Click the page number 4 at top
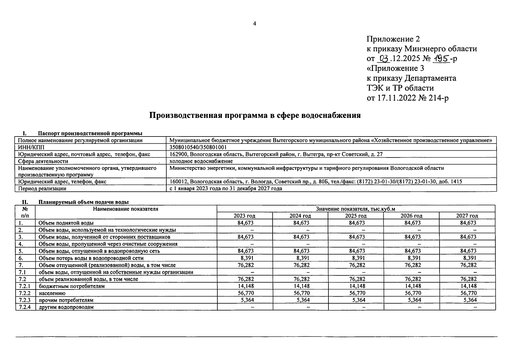255,24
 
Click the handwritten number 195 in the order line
441,58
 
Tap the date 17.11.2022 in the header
396,98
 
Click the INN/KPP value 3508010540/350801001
198,147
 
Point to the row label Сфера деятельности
43,161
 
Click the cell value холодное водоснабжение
201,161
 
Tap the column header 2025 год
356,216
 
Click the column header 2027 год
467,216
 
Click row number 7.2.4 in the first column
25,307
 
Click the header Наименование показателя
125,209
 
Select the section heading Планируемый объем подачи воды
84,202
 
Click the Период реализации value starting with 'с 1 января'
225,189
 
